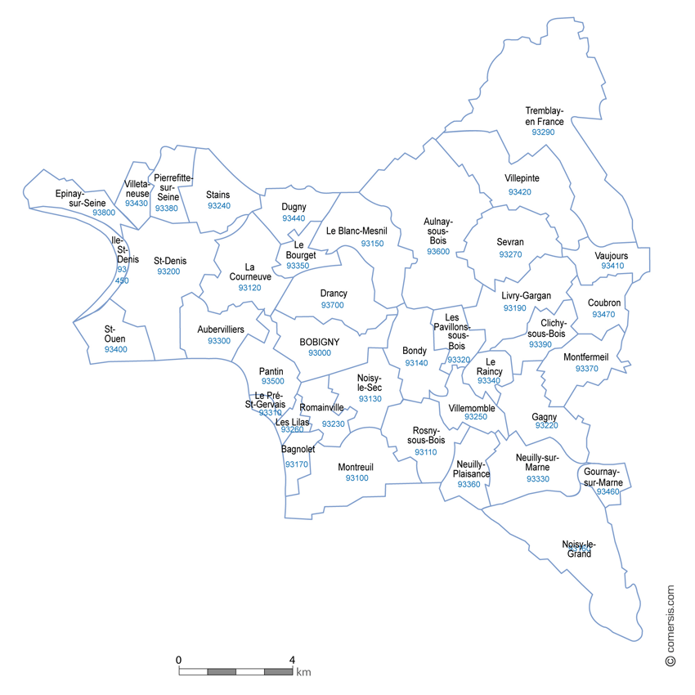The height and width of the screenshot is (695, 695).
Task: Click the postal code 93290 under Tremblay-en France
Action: (x=543, y=132)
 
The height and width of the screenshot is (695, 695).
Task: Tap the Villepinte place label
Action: (x=522, y=178)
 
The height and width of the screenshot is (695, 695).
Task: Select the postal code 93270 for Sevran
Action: (x=510, y=254)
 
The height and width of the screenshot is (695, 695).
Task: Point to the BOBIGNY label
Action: (x=320, y=342)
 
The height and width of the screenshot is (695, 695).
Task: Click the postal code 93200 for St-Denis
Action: (x=168, y=271)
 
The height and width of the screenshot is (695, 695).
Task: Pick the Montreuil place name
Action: (x=356, y=467)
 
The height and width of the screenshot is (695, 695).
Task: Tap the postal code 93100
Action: (x=356, y=478)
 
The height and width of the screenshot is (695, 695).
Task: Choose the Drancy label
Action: (x=334, y=294)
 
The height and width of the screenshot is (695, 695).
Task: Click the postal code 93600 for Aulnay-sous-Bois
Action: (x=438, y=252)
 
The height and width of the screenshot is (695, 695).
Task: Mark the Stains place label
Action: (x=218, y=195)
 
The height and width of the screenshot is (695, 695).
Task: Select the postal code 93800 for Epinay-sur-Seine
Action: (x=104, y=213)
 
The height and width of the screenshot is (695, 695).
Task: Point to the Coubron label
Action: (x=604, y=303)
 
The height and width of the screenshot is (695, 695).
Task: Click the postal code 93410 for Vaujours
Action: (x=612, y=266)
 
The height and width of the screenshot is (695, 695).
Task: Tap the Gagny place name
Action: (x=545, y=415)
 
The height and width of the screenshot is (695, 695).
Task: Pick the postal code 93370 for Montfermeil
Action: (x=587, y=369)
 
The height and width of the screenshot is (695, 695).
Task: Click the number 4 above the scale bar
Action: (x=292, y=659)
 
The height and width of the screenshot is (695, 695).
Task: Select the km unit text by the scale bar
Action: (x=303, y=673)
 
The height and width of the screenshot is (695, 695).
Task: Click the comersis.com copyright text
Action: (x=670, y=625)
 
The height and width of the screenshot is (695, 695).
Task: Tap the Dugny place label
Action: (x=294, y=207)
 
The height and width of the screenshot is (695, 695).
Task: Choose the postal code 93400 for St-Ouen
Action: (x=116, y=349)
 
